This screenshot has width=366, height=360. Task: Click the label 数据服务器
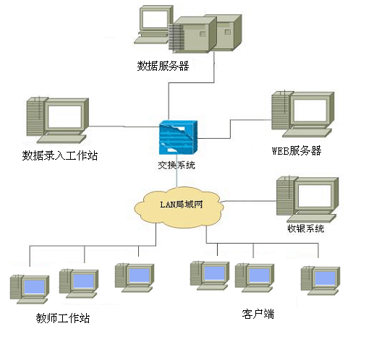(x=163, y=66)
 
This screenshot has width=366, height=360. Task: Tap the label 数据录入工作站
(x=60, y=155)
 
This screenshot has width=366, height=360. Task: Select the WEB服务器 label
(x=297, y=151)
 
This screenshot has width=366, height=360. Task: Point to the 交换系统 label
(x=176, y=165)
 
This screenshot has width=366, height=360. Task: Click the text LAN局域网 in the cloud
(x=182, y=205)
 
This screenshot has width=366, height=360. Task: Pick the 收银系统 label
(x=306, y=228)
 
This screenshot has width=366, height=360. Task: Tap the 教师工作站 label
(x=63, y=318)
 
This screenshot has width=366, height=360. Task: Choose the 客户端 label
(x=258, y=314)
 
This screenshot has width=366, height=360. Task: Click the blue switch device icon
(x=178, y=137)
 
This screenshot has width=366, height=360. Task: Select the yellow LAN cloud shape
(x=179, y=207)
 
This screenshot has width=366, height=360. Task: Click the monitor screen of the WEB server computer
(x=310, y=111)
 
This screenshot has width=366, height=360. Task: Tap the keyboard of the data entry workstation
(x=61, y=139)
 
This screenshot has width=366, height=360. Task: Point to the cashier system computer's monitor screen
(x=315, y=196)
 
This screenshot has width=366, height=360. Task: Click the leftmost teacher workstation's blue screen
(x=35, y=287)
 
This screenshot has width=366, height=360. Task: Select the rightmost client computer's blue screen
(x=325, y=278)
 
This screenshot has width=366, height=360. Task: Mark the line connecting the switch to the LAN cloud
(x=176, y=171)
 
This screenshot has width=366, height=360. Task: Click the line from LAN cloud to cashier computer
(x=248, y=201)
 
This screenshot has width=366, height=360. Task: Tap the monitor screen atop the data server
(x=155, y=19)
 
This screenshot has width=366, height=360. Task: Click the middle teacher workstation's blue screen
(x=83, y=281)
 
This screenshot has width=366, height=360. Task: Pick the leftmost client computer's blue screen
(x=214, y=274)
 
